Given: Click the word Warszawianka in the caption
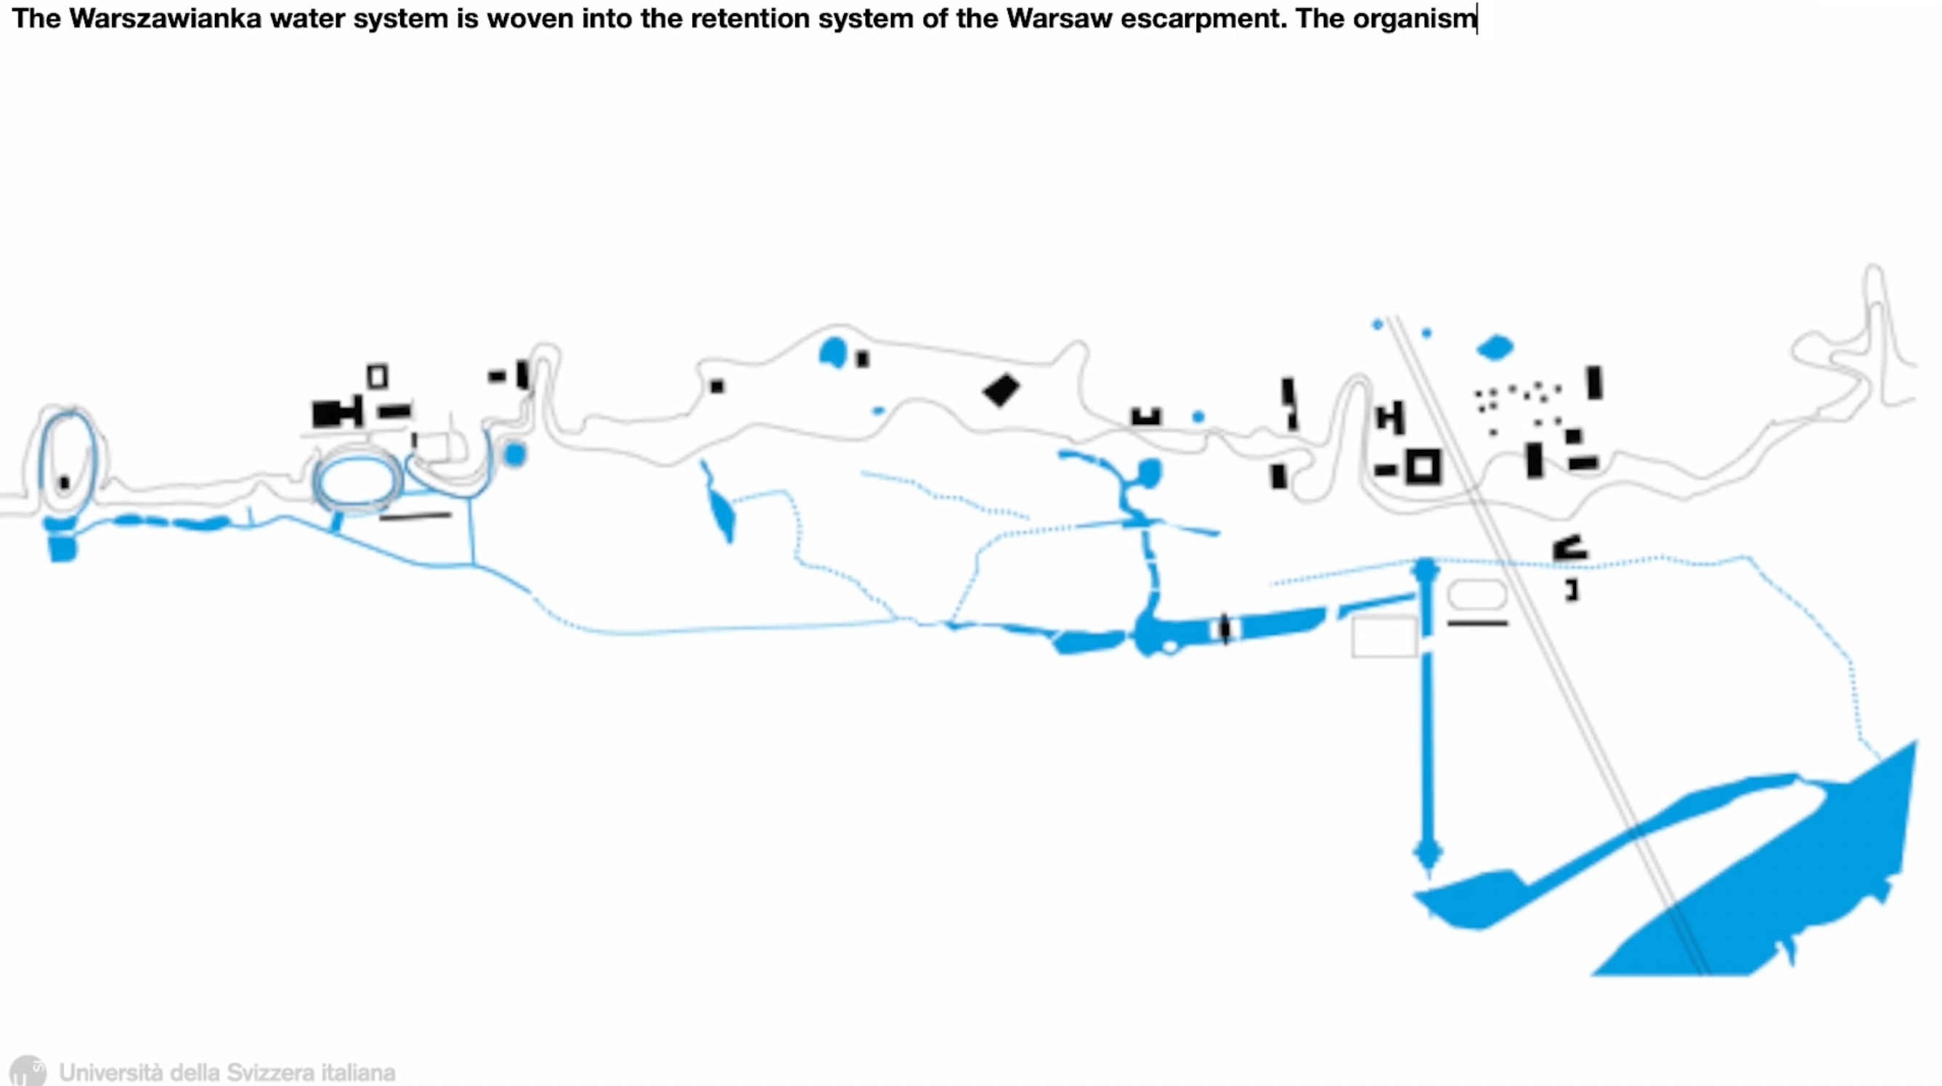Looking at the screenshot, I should [x=164, y=18].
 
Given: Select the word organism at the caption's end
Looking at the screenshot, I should [x=1414, y=18].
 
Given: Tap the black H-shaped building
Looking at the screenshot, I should [x=1390, y=417].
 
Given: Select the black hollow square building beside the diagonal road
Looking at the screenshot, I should [x=1423, y=468].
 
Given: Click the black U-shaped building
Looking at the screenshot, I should [x=1146, y=416].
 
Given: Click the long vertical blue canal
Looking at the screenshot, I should [x=1426, y=716].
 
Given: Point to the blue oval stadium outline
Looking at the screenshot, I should [x=357, y=481].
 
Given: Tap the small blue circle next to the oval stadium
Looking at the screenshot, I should [x=515, y=454].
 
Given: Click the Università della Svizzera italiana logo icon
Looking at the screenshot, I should [x=27, y=1071].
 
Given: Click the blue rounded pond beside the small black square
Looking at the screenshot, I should [x=833, y=353].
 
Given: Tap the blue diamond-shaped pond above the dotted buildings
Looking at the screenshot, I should [x=1495, y=348].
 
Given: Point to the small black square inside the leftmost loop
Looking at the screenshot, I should [x=64, y=482].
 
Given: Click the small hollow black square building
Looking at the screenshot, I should [x=378, y=376].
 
